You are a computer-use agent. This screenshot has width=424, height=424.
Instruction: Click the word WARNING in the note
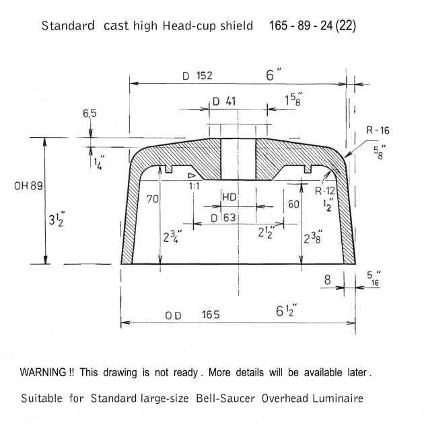(43, 372)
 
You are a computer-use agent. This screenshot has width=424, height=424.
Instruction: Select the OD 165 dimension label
(192, 315)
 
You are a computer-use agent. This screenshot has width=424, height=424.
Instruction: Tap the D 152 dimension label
(197, 76)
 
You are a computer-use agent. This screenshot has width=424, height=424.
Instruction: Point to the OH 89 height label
(28, 186)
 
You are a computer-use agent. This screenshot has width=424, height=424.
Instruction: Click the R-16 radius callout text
(378, 130)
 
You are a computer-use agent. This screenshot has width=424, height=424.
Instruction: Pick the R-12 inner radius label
(325, 192)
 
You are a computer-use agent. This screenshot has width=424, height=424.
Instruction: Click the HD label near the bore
(229, 197)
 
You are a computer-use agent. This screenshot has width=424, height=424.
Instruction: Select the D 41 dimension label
(224, 101)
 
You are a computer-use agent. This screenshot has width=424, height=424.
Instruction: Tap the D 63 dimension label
(223, 218)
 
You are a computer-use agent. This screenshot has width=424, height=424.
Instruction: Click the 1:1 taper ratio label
(194, 186)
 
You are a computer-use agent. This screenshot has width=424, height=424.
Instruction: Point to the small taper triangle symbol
(191, 175)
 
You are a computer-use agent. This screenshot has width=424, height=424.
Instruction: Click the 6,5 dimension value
(90, 114)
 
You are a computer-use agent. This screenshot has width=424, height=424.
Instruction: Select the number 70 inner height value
(153, 199)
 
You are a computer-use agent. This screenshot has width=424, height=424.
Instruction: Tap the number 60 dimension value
(293, 204)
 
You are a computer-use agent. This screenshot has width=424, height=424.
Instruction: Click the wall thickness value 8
(327, 280)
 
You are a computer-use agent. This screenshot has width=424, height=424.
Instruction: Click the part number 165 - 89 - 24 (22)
(312, 26)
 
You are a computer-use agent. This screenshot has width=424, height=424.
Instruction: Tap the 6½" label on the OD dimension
(286, 311)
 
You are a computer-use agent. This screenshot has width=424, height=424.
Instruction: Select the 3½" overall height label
(57, 219)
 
